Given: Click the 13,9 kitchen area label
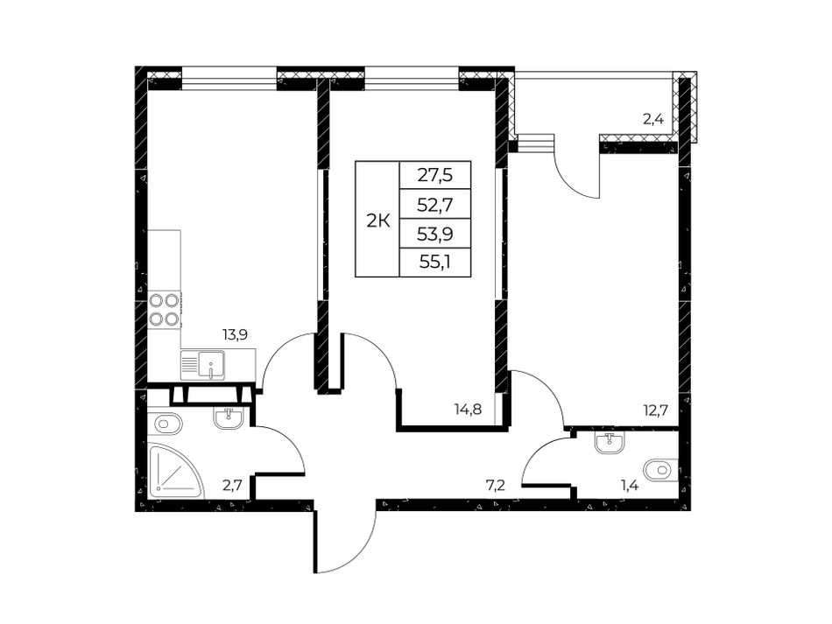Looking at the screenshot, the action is click(x=234, y=334).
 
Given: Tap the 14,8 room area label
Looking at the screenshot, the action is click(x=468, y=409).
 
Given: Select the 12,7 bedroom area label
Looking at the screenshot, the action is click(x=654, y=409).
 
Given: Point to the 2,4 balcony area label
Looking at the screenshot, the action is click(x=653, y=119).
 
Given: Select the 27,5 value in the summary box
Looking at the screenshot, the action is click(x=435, y=174).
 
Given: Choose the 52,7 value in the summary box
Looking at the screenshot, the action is click(x=435, y=204).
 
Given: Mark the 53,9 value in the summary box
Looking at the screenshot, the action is click(x=435, y=234).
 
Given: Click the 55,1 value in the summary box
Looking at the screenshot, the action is click(x=435, y=263).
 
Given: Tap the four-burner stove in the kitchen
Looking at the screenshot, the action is click(x=165, y=310).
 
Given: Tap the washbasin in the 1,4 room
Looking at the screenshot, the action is click(x=610, y=443).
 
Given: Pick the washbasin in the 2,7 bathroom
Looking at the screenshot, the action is click(x=229, y=417).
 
